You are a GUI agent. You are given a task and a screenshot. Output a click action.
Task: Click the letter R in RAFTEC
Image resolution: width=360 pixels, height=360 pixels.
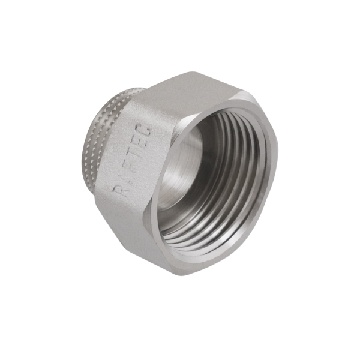pos(118,191)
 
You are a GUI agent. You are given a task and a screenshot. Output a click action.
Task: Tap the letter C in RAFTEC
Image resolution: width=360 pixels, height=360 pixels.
pos(146,128)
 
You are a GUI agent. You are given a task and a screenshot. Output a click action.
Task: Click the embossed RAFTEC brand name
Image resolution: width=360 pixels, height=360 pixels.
pos(133,160)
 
